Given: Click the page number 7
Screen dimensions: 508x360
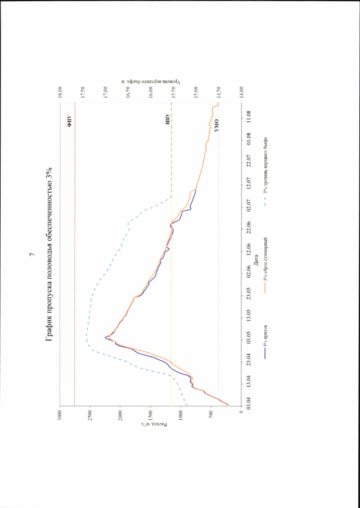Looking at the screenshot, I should pos(31,255).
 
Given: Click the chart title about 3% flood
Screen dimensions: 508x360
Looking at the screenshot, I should pos(49,254).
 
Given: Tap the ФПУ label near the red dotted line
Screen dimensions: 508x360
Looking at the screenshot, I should pos(70,119).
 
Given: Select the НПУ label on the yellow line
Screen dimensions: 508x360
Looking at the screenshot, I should pos(167,119).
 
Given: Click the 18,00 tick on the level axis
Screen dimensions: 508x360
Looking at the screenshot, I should pos(60,88).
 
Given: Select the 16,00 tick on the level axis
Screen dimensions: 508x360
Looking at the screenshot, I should pos(151,88).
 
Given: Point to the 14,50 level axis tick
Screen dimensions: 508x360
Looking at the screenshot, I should pos(219,88).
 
